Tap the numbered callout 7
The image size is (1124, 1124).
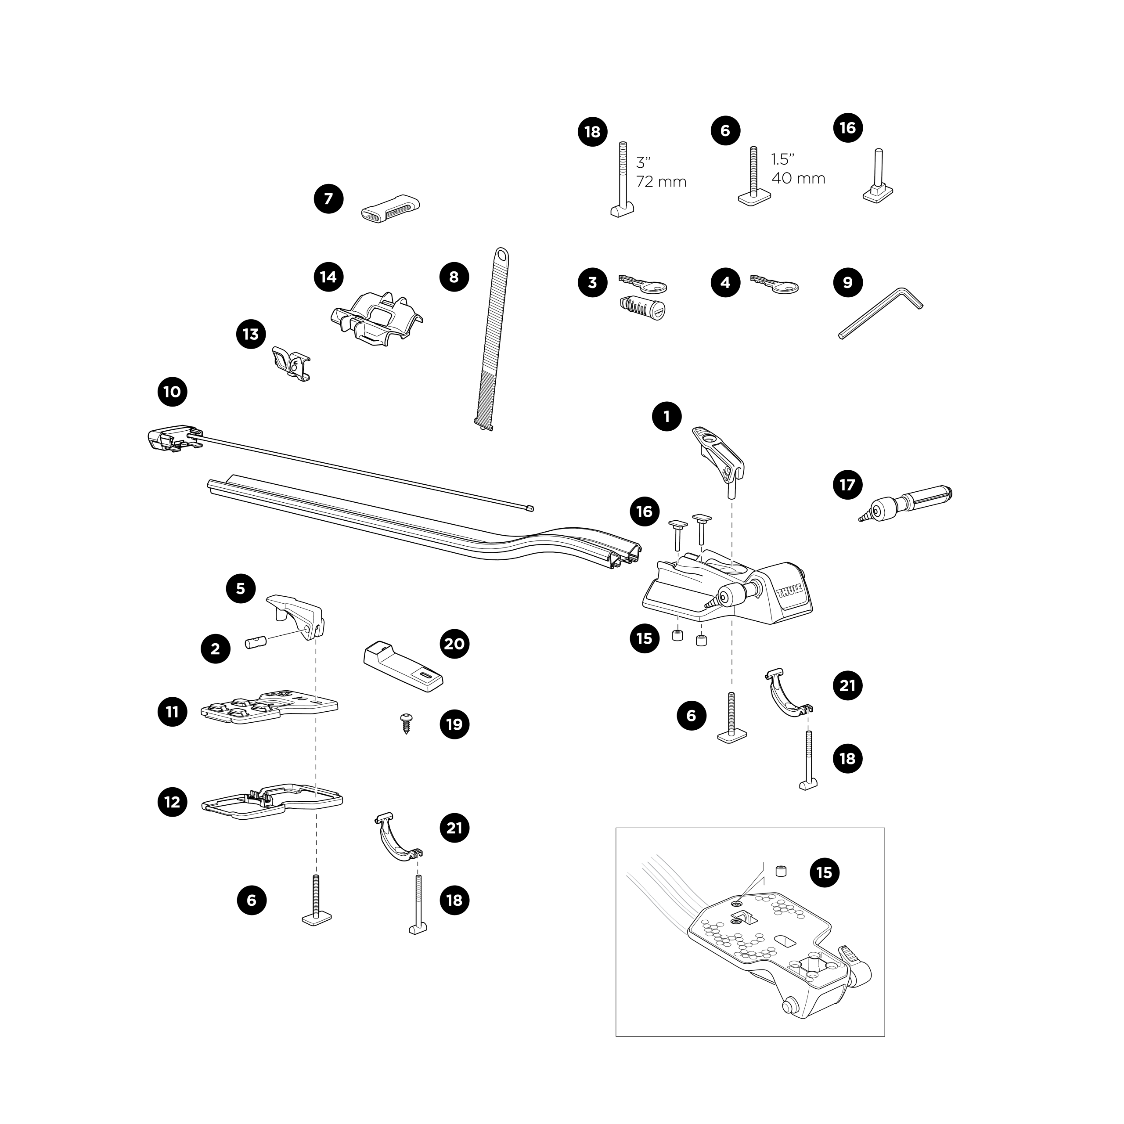point(329,199)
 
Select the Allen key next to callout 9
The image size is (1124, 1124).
point(881,313)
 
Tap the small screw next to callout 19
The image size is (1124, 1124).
point(406,723)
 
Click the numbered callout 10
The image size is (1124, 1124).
point(172,392)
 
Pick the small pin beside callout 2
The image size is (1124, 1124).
point(256,645)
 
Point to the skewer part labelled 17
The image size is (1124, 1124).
point(906,502)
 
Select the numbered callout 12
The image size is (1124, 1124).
point(172,802)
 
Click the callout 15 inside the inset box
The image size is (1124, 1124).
point(825,889)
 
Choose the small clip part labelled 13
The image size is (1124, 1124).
point(292,364)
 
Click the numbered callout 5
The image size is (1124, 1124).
point(240,589)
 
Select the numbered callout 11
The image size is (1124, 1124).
point(172,712)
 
